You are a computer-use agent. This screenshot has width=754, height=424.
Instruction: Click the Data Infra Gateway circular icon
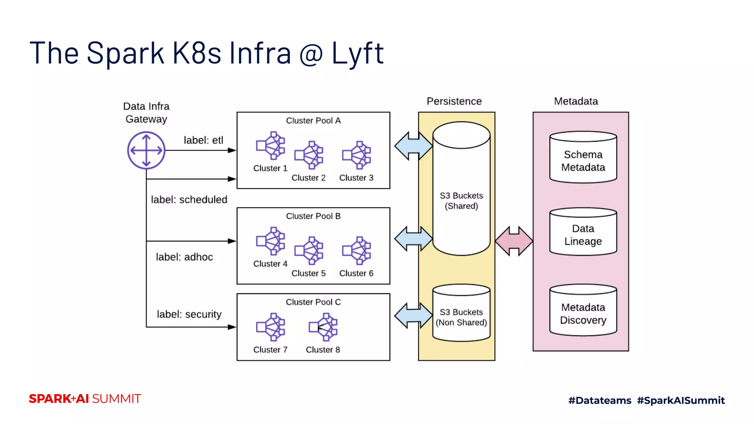146,150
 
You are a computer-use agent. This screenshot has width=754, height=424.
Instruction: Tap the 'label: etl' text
203,140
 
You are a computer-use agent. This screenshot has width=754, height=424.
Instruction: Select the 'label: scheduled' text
189,199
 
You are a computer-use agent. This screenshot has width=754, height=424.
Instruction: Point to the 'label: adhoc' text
184,257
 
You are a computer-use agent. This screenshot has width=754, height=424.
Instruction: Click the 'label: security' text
189,314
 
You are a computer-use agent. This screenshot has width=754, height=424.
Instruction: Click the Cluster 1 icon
271,146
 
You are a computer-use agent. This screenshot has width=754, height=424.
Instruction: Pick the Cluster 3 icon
357,155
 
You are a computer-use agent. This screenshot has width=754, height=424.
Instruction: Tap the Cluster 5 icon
309,251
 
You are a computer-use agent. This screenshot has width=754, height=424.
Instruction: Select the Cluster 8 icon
323,327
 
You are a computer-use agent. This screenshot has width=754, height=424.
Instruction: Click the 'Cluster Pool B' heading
313,216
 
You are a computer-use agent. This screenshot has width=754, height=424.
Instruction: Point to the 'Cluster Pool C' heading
313,302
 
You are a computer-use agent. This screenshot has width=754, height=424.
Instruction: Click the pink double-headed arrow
514,241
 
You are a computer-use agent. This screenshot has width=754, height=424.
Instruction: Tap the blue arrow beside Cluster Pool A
413,146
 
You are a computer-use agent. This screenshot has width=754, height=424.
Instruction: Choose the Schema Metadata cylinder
583,158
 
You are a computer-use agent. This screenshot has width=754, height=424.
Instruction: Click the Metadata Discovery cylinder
583,311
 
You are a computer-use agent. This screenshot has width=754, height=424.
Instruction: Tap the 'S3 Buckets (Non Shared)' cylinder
461,314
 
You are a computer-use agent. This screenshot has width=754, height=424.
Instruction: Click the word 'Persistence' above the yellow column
454,101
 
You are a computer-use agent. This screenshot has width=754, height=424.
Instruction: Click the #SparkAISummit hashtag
681,400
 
